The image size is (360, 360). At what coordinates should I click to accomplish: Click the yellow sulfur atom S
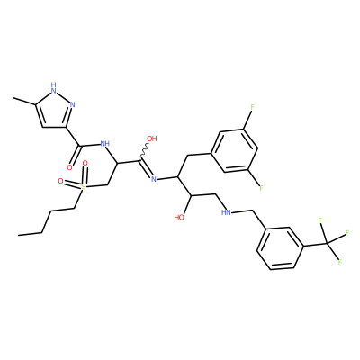click(84, 187)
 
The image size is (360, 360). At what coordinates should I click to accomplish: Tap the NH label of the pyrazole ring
click(54, 86)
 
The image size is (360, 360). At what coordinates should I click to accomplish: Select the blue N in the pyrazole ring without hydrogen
click(72, 104)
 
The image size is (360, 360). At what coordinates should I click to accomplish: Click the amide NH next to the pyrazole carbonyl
click(104, 144)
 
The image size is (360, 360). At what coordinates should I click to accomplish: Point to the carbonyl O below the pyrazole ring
click(70, 167)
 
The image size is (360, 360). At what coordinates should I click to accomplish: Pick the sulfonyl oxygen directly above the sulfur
click(85, 164)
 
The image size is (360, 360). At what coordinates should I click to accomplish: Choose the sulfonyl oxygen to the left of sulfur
click(61, 181)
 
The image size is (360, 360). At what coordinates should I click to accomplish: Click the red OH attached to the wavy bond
click(151, 139)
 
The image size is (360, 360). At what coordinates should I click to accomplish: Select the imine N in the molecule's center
click(154, 179)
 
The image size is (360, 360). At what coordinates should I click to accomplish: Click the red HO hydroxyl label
click(179, 217)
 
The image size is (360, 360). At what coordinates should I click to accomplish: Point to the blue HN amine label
click(226, 212)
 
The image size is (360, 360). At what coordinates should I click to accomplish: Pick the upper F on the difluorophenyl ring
click(252, 107)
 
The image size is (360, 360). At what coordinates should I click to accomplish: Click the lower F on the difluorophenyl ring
click(261, 188)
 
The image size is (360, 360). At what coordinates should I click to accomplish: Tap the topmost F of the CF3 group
click(320, 221)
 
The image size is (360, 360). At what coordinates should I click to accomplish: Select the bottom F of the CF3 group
click(340, 262)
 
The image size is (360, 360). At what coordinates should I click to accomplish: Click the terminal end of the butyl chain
click(18, 235)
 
